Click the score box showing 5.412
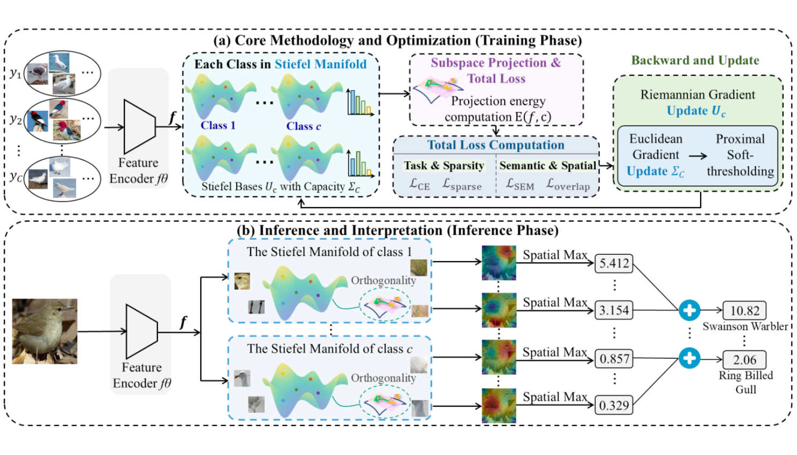click(614, 263)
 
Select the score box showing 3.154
click(614, 310)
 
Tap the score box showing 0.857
click(614, 359)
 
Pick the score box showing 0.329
click(614, 405)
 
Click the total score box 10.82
click(745, 310)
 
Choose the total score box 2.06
click(745, 360)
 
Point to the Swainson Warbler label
click(745, 327)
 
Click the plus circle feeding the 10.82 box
click(689, 310)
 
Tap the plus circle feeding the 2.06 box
click(689, 358)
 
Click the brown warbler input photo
click(44, 331)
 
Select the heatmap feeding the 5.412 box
click(499, 263)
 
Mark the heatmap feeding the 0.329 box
click(499, 406)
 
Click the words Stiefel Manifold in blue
click(321, 64)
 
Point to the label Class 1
click(218, 125)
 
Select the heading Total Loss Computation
click(495, 145)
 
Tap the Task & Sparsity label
click(444, 165)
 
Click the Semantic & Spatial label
click(547, 165)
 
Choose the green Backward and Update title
click(695, 60)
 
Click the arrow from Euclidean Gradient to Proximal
click(698, 156)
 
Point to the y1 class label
click(16, 73)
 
